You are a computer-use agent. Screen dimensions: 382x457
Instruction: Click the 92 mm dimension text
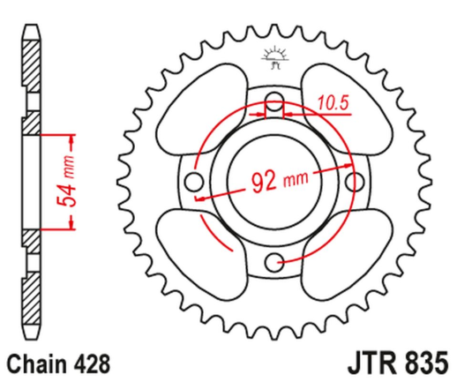[x=276, y=183]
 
